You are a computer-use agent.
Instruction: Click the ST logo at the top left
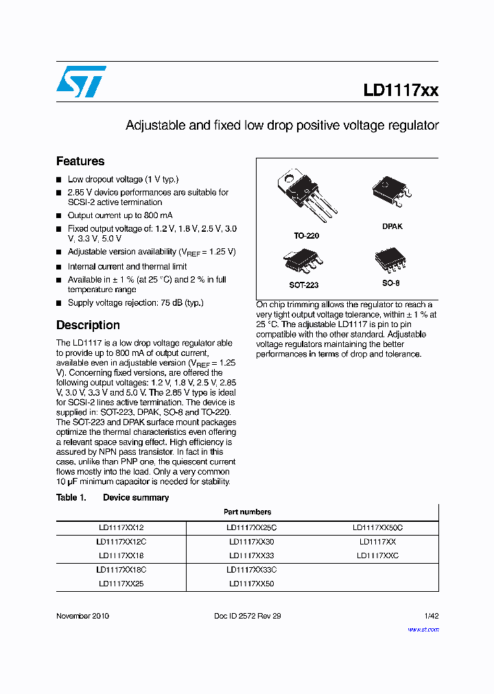[82, 82]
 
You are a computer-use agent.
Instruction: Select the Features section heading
[80, 161]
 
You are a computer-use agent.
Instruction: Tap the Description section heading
[88, 325]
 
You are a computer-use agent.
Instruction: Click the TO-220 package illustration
[305, 195]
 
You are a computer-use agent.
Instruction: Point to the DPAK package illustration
[391, 193]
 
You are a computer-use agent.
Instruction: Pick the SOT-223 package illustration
[303, 261]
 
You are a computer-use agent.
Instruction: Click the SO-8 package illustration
[391, 260]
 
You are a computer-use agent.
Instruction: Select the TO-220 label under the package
[306, 236]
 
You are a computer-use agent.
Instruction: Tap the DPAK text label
[392, 226]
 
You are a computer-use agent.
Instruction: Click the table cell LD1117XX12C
[121, 542]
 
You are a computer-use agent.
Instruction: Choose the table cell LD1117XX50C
[377, 527]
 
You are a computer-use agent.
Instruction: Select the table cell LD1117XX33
[251, 555]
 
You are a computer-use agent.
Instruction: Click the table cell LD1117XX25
[121, 584]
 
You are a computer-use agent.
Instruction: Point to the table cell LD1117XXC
[377, 555]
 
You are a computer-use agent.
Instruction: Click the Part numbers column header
[247, 512]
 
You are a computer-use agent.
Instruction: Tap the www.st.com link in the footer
[423, 630]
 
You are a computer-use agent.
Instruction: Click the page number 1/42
[431, 616]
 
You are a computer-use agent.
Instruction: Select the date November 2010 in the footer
[82, 616]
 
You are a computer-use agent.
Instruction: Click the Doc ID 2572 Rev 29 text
[247, 616]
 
